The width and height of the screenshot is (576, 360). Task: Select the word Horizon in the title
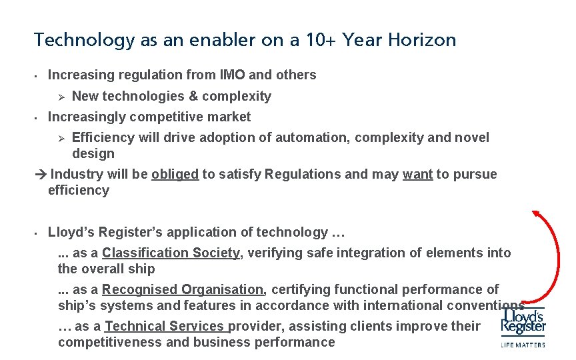pyautogui.click(x=424, y=40)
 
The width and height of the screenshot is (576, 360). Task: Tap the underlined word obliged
pyautogui.click(x=175, y=174)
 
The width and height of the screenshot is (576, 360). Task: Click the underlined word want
pyautogui.click(x=417, y=174)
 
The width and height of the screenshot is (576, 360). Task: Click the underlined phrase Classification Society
pyautogui.click(x=171, y=253)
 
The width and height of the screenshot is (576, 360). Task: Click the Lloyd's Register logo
pyautogui.click(x=523, y=321)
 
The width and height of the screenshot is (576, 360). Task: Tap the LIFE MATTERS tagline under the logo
pyautogui.click(x=523, y=345)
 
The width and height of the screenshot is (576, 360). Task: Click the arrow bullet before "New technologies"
pyautogui.click(x=59, y=97)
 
